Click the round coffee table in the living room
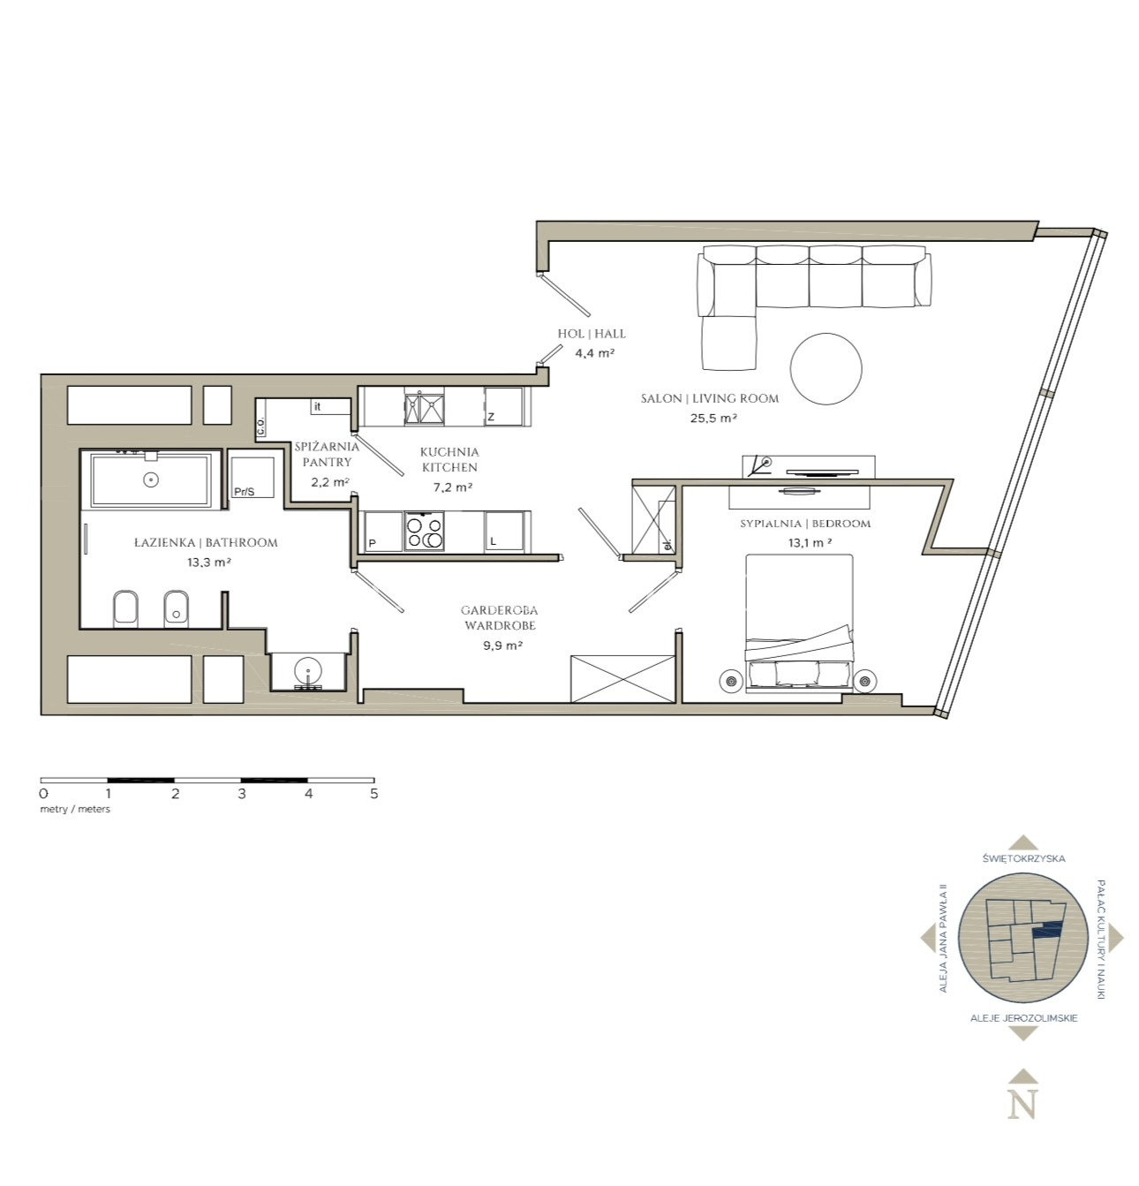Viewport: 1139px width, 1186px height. pyautogui.click(x=826, y=368)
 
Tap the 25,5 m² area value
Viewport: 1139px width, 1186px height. pyautogui.click(x=713, y=418)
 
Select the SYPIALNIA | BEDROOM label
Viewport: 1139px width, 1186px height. pyautogui.click(x=805, y=524)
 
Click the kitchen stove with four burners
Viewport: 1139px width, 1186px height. pyautogui.click(x=424, y=532)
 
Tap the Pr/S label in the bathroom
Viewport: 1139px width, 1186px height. pyautogui.click(x=244, y=492)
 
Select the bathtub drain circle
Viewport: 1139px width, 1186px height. pyautogui.click(x=150, y=480)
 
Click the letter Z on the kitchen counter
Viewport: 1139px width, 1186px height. pyautogui.click(x=491, y=418)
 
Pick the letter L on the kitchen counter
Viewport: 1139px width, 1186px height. pyautogui.click(x=493, y=541)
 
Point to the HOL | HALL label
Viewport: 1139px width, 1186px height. pyautogui.click(x=592, y=334)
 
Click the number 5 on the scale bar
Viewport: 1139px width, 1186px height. pyautogui.click(x=374, y=794)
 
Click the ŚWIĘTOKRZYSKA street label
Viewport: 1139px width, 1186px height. pyautogui.click(x=1023, y=858)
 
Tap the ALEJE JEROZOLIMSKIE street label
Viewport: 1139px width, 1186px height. pyautogui.click(x=1024, y=1018)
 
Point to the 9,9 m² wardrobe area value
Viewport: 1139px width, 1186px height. pyautogui.click(x=502, y=645)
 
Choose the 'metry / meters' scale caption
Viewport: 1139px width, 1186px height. pyautogui.click(x=75, y=809)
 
